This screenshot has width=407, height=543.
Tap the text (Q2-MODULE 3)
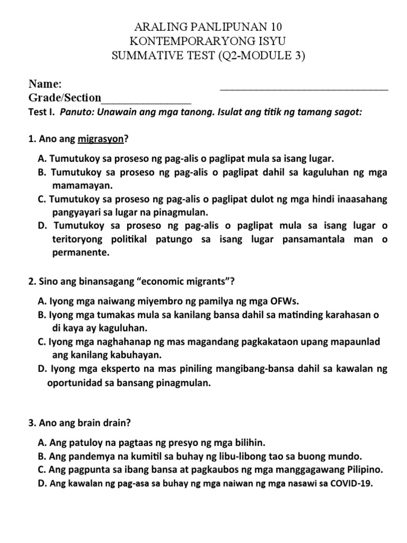[x=261, y=56]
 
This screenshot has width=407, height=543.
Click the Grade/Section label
[x=65, y=98]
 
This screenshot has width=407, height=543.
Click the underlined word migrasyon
[x=101, y=139]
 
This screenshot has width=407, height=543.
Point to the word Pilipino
[x=364, y=470]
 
